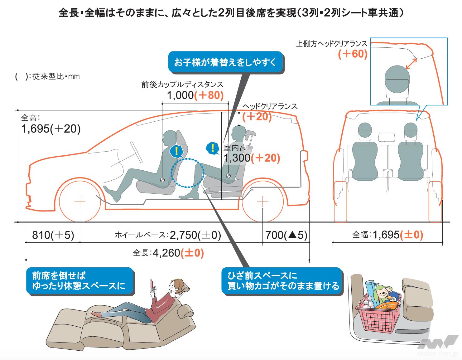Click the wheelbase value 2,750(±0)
coord(195,235)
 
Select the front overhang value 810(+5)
coord(53,235)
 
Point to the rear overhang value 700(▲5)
coord(286,235)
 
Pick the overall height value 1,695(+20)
coord(51,129)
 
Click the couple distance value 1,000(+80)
coord(195,95)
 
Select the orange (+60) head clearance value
coord(353,54)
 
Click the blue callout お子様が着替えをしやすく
coord(225,62)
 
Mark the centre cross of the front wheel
coord(80,202)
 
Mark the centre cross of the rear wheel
coord(263,202)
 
